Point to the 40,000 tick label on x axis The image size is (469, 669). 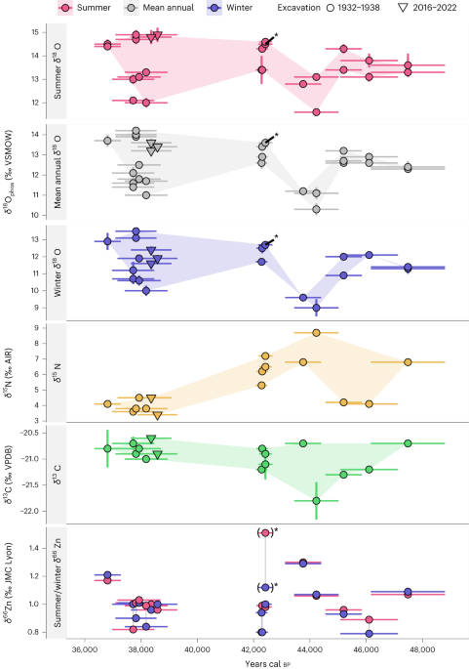point(197,647)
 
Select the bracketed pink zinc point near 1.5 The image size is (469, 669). point(265,532)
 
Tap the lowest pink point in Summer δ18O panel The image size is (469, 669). point(316,112)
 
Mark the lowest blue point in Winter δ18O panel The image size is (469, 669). point(316,308)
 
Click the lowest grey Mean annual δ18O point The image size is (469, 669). point(316,209)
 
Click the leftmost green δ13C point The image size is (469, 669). point(107,448)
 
